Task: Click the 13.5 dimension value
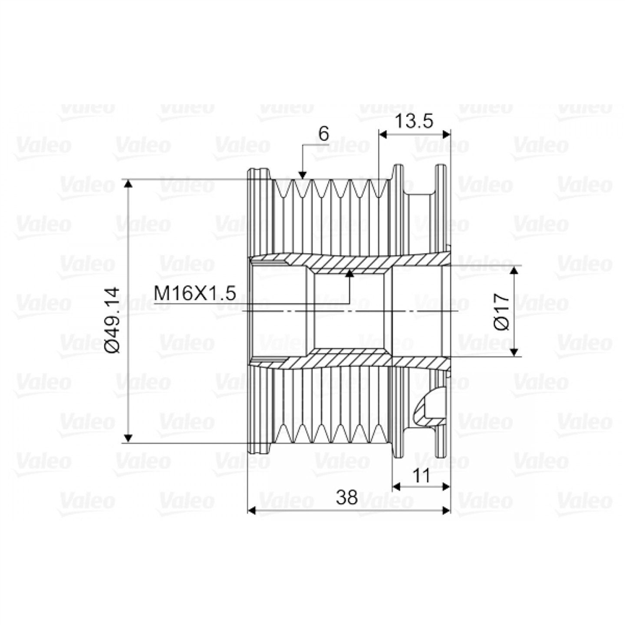[413, 121]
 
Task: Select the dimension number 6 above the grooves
[324, 134]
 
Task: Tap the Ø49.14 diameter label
[111, 319]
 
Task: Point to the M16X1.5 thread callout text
[195, 293]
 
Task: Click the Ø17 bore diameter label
[501, 311]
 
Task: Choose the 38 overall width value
[347, 497]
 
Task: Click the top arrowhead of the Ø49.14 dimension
[128, 184]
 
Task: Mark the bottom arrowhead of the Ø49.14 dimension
[128, 438]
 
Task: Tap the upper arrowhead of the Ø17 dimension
[514, 271]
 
